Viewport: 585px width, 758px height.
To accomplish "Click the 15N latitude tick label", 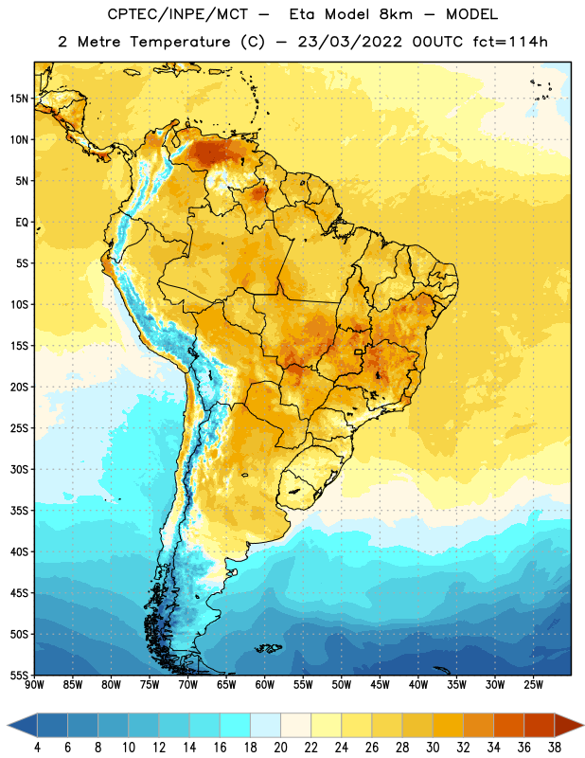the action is (x=19, y=99).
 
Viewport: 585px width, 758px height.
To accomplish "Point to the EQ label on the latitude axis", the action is (x=22, y=223).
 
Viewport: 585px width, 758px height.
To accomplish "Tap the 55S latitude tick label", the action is (x=19, y=675).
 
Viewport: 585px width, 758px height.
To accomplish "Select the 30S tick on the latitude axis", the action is (x=19, y=469).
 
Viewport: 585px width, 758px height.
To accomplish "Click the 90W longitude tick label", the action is (x=34, y=685).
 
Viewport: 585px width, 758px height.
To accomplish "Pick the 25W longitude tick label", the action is (x=533, y=685).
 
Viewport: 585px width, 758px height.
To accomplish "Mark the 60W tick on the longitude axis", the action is (x=265, y=685).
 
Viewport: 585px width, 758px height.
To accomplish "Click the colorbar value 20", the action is (x=280, y=748).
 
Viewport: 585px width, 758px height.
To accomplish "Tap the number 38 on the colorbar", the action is (x=555, y=748).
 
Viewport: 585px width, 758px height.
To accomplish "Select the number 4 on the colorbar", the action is (x=37, y=748).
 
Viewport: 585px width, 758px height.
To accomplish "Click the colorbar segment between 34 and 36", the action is (x=508, y=725).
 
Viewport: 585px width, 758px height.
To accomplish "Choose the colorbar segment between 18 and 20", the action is (x=265, y=725).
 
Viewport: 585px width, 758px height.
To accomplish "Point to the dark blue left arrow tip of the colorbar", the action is (x=9, y=725).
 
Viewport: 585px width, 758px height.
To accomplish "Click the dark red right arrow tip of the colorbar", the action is (x=582, y=725).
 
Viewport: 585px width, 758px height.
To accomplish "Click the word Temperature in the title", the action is (x=180, y=42).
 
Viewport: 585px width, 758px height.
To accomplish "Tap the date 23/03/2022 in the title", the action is (x=349, y=42).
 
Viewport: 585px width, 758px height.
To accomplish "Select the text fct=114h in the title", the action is (x=510, y=42).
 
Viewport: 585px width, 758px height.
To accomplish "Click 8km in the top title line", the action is (x=396, y=14).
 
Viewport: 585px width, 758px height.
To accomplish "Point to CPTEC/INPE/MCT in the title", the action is (x=177, y=15).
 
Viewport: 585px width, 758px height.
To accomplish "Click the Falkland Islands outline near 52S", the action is (x=268, y=648).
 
